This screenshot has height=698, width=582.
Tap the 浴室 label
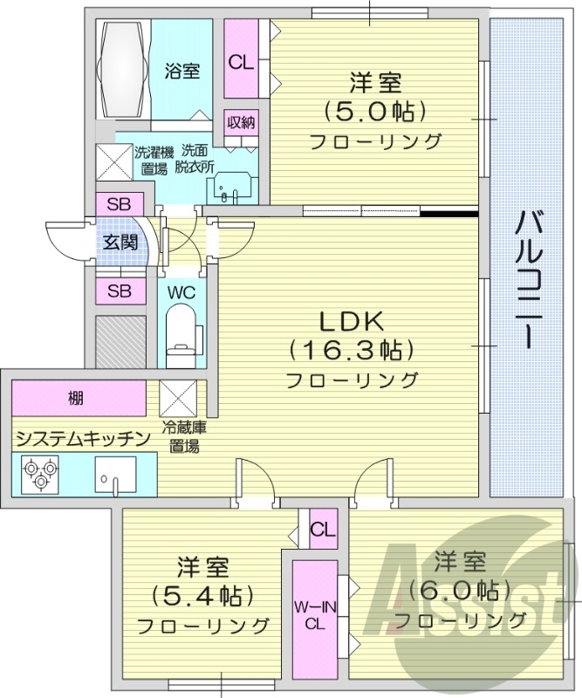pos(181,71)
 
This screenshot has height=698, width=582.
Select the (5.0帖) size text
pos(376,113)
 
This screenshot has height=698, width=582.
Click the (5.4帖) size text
pos(203,596)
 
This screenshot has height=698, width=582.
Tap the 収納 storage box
pos(242,122)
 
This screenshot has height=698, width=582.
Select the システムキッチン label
pos(84,438)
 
